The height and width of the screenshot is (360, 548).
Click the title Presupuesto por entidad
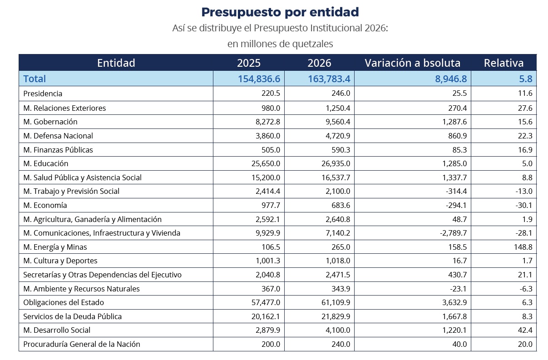click(x=280, y=12)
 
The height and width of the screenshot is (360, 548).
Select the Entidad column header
click(x=116, y=63)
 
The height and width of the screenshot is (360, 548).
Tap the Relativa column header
click(x=504, y=63)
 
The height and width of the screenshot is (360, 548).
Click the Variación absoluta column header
click(x=412, y=63)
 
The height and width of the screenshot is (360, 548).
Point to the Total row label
click(x=35, y=79)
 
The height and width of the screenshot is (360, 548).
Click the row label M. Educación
click(x=46, y=163)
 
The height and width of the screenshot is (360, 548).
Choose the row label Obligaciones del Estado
click(x=64, y=302)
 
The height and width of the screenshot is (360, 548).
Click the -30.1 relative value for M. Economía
click(x=522, y=205)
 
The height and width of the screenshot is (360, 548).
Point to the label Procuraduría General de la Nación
click(x=82, y=344)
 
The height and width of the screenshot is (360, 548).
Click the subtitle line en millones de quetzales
click(x=280, y=44)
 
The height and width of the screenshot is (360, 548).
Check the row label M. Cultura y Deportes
click(x=60, y=261)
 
